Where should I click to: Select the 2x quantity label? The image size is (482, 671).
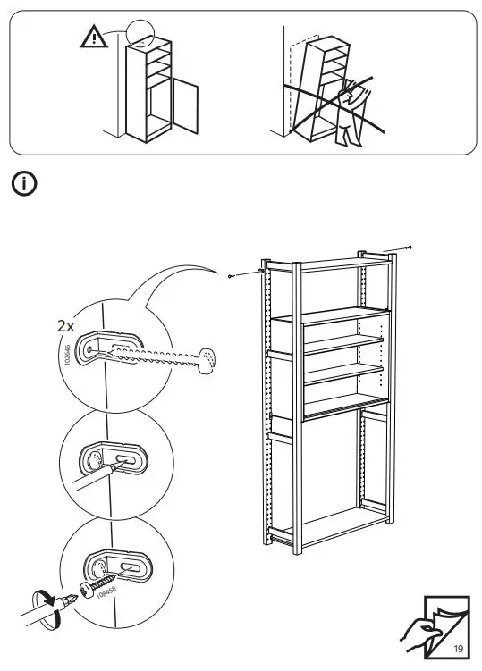tap(65, 327)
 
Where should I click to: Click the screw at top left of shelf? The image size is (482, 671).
tap(231, 276)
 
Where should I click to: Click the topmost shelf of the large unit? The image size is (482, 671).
tap(331, 261)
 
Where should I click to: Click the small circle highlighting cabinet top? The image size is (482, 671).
tap(140, 33)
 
